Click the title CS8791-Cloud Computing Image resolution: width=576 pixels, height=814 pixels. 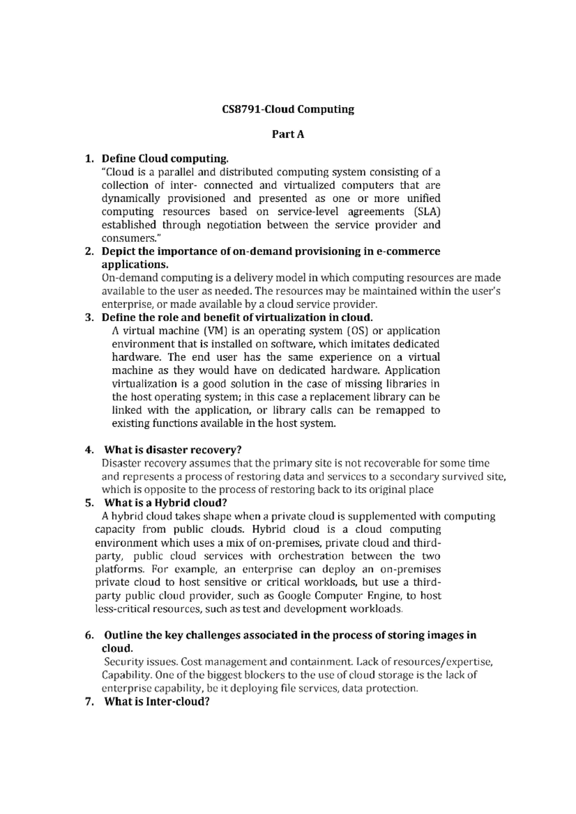(x=288, y=109)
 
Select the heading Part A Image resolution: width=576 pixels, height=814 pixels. (x=288, y=134)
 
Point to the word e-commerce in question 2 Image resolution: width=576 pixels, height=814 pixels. (x=409, y=251)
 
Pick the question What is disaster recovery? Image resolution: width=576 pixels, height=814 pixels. (x=173, y=450)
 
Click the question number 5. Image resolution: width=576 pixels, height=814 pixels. (x=88, y=503)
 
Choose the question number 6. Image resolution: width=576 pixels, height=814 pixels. (x=88, y=636)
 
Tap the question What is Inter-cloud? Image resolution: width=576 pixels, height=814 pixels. (x=157, y=702)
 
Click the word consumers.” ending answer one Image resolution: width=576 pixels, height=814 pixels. (x=127, y=238)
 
